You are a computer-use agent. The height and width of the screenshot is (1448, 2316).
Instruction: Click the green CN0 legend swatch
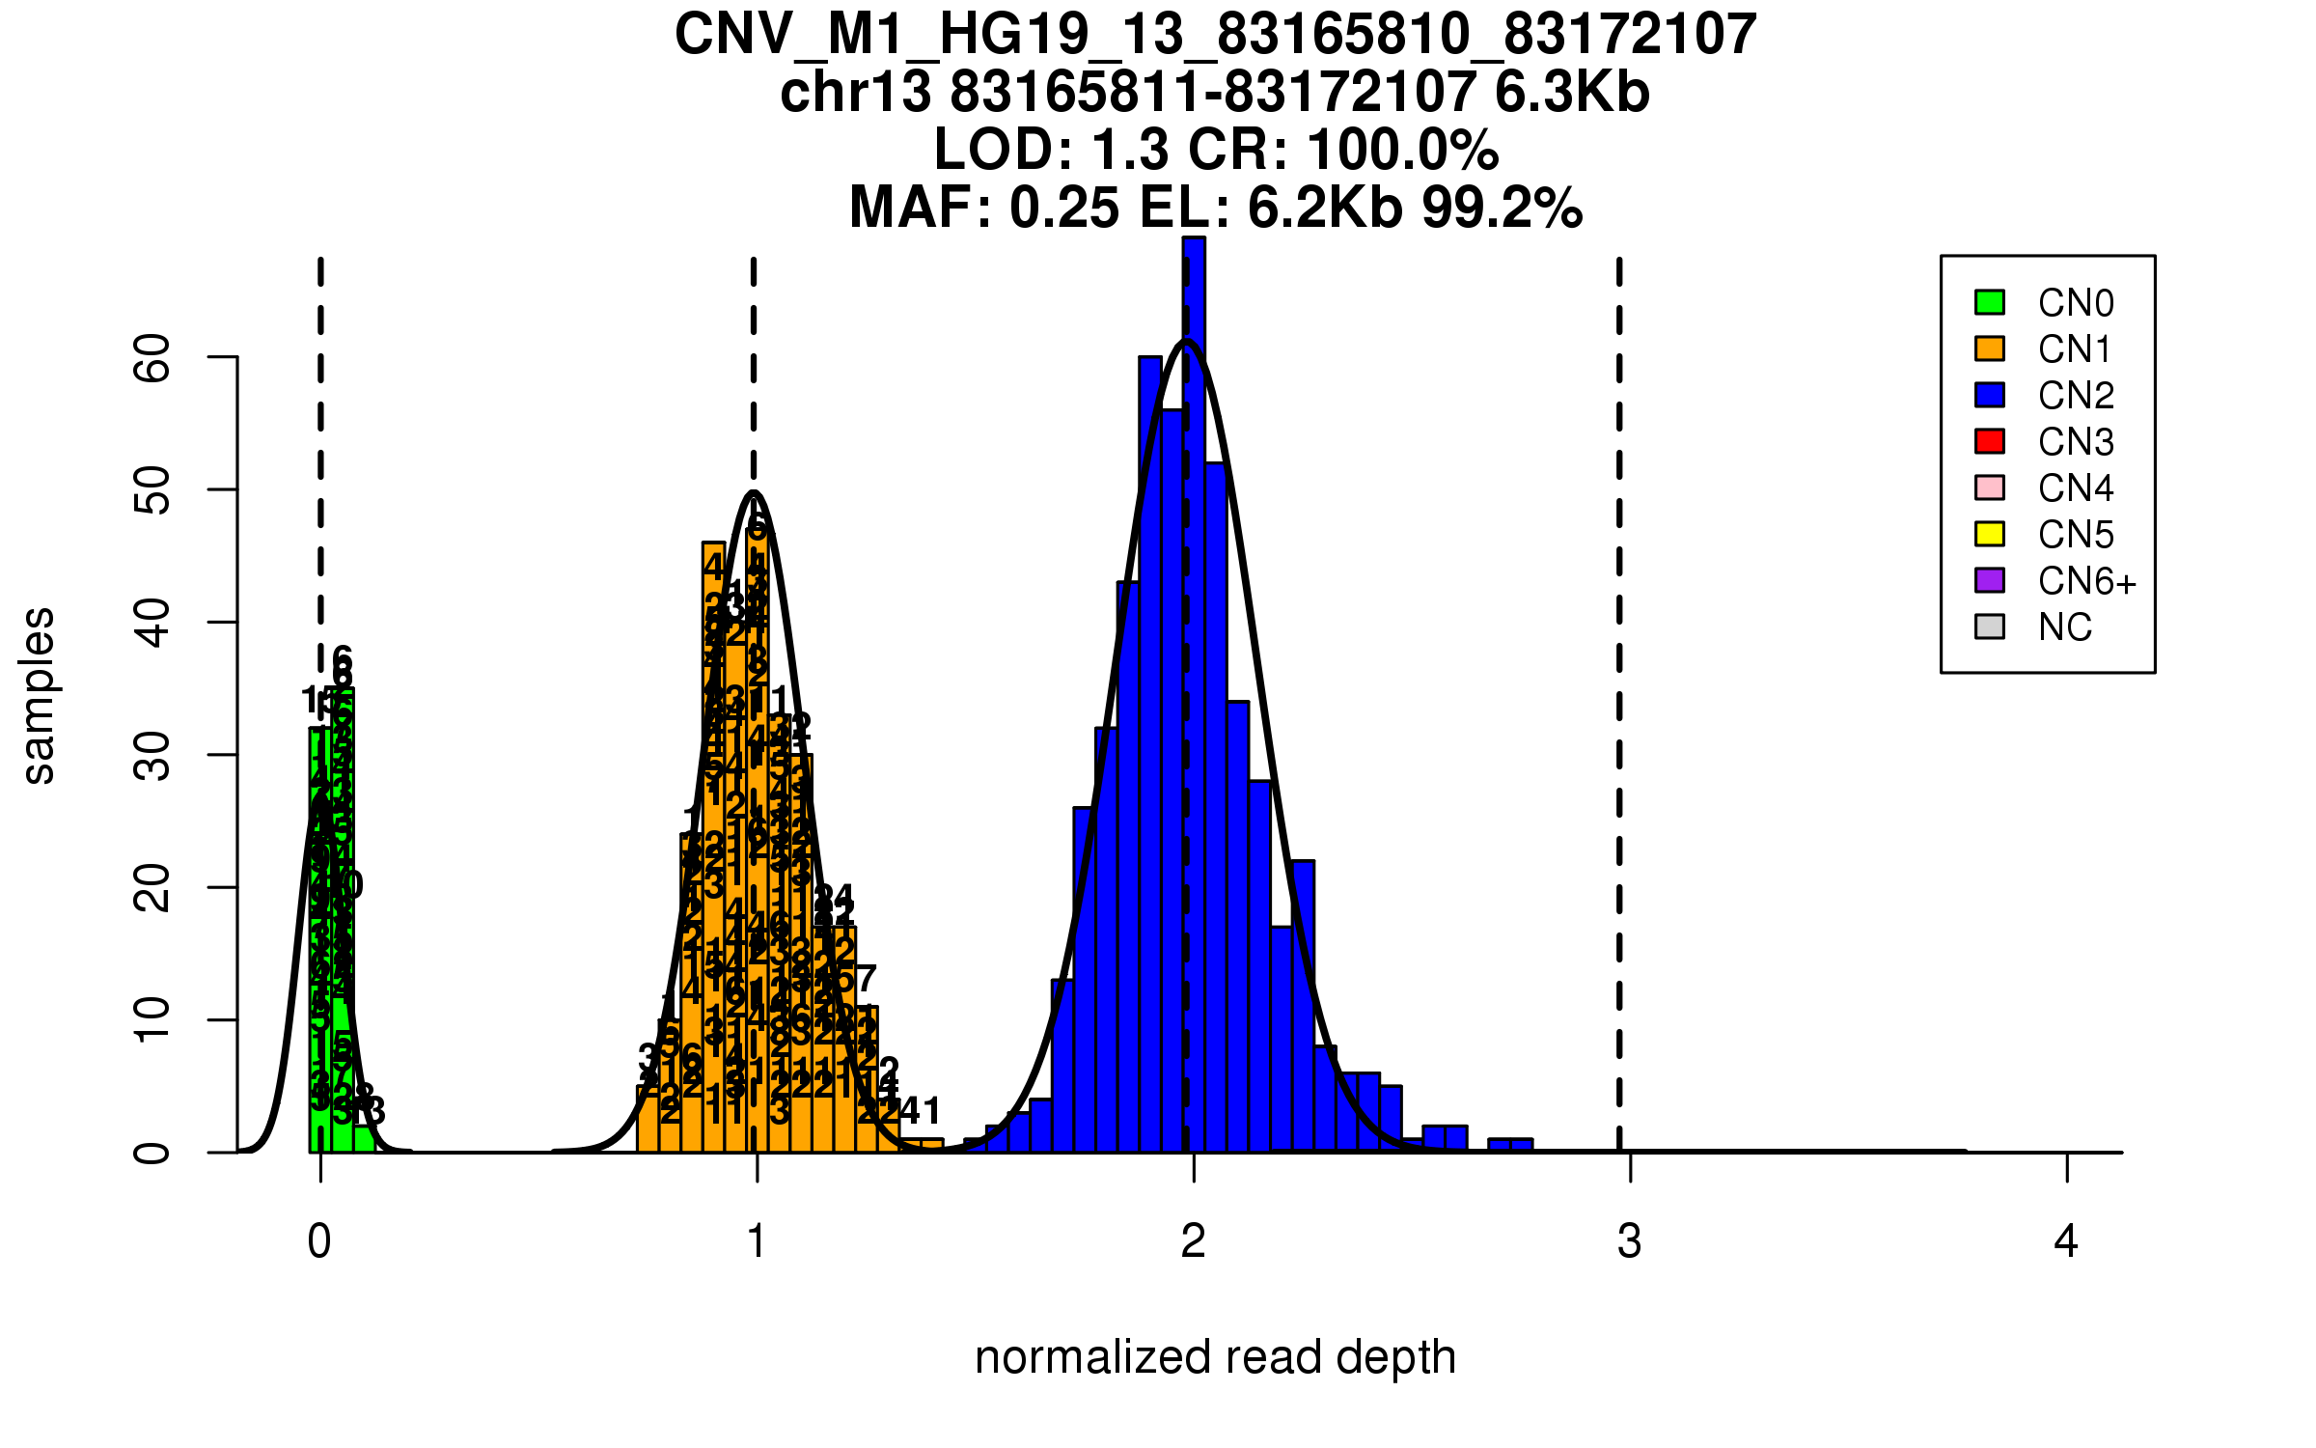click(1990, 302)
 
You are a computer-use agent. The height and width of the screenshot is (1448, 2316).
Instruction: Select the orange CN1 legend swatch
click(1990, 348)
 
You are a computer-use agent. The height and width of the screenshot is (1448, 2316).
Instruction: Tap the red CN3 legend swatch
click(1990, 441)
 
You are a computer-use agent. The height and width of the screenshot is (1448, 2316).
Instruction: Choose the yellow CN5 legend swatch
click(1990, 534)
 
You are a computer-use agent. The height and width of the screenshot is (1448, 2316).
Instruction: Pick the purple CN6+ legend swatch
click(1990, 580)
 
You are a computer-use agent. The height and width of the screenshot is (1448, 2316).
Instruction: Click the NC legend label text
click(2065, 627)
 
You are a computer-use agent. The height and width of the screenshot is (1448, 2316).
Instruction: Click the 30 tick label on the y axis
click(152, 755)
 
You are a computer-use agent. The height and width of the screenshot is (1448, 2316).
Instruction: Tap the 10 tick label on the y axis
click(152, 1020)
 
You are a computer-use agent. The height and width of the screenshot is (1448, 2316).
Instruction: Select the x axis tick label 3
click(1630, 1241)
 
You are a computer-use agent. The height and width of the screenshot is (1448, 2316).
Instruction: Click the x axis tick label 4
click(2066, 1241)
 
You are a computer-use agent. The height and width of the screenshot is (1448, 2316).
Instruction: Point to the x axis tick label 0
click(319, 1241)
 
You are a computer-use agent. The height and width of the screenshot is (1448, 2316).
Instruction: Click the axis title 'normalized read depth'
click(1215, 1357)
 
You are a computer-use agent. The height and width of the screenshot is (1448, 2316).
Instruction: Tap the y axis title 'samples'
click(39, 695)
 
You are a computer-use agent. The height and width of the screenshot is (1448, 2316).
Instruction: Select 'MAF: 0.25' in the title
click(984, 208)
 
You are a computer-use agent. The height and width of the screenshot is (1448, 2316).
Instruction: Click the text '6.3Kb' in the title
click(1572, 93)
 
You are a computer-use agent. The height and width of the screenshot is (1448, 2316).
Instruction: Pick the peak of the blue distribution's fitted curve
click(1187, 341)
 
